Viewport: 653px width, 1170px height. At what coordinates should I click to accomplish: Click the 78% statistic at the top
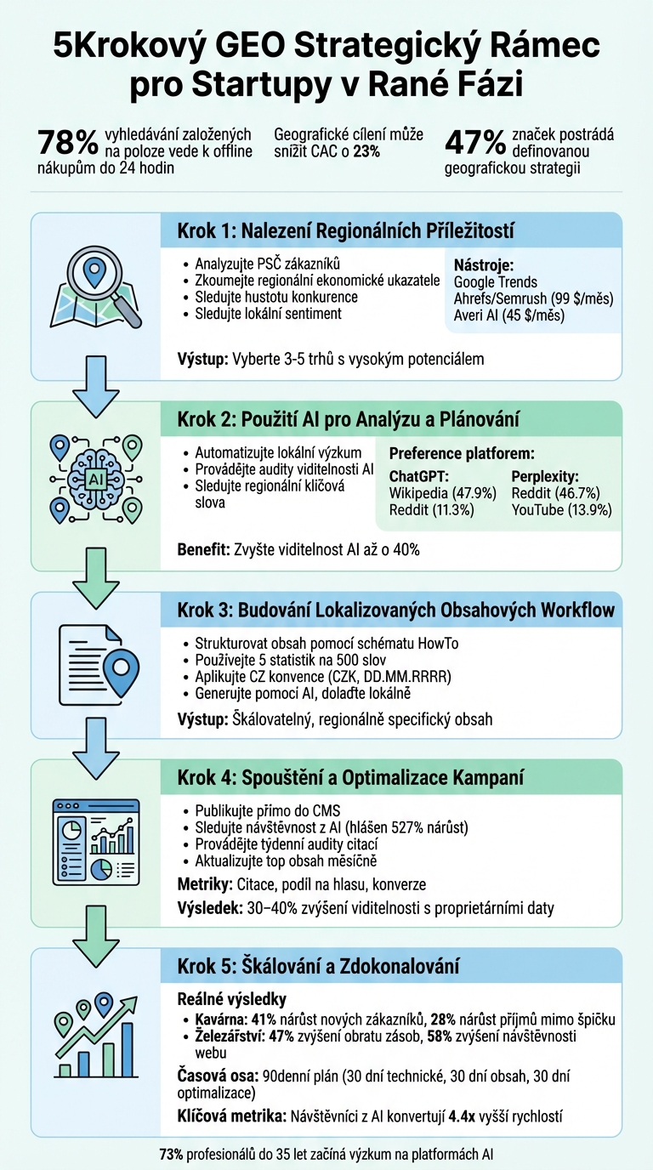[x=67, y=143]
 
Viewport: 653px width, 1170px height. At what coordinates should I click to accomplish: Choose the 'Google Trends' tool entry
[x=496, y=281]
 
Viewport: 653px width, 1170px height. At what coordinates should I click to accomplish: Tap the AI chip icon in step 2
[x=95, y=479]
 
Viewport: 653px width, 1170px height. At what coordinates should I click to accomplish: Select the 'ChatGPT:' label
[x=417, y=476]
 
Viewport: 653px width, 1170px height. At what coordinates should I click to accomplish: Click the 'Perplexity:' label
[x=545, y=476]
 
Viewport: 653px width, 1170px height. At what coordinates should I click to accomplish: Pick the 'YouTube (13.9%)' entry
[x=561, y=510]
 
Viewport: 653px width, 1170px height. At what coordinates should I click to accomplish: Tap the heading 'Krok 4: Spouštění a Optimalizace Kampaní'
[x=350, y=777]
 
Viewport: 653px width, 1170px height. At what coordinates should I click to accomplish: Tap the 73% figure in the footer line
[x=171, y=1155]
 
